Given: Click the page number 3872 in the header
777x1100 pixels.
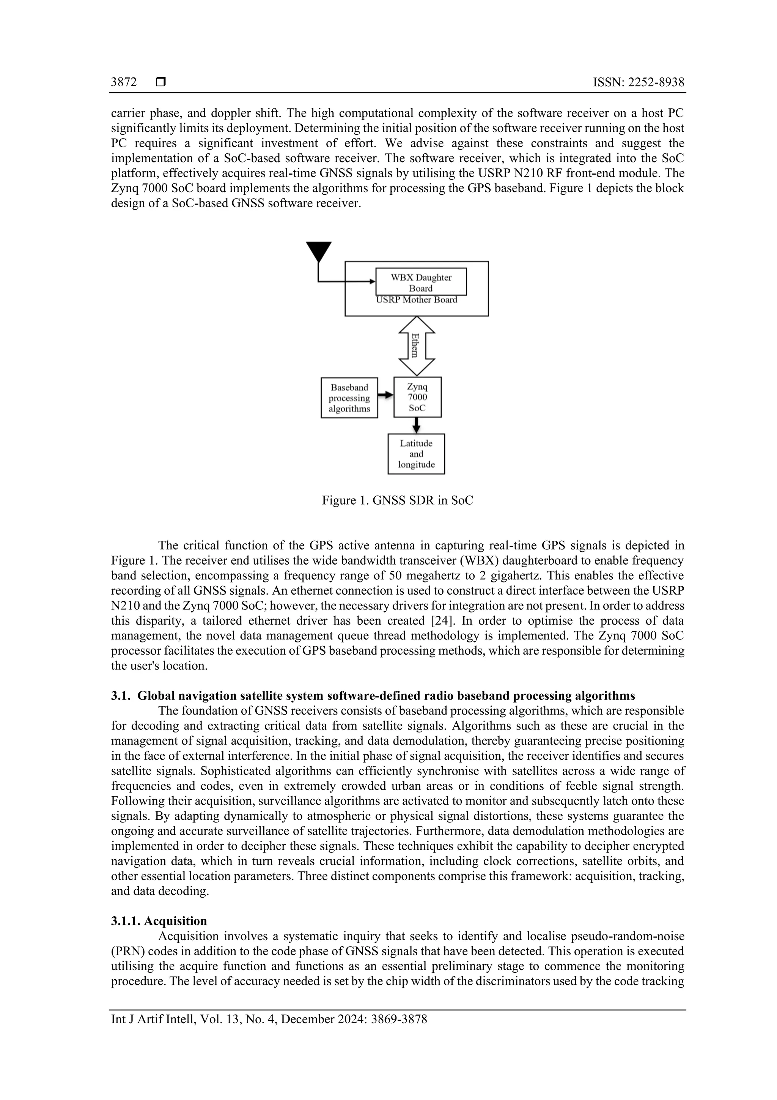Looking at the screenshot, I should [124, 82].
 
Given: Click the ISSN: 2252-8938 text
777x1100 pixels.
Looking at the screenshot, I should [638, 82].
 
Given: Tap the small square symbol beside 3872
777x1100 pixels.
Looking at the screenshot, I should [161, 82].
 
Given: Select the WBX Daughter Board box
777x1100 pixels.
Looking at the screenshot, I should [421, 282].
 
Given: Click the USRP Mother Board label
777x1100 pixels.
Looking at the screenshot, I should [416, 300].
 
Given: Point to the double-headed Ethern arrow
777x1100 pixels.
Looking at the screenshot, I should [417, 346].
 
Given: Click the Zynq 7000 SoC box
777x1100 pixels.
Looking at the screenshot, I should [417, 397].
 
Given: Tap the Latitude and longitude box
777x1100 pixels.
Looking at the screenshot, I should [416, 454].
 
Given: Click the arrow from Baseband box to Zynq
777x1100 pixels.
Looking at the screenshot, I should [385, 395].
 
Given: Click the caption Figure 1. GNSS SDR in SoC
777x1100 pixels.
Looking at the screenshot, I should [397, 501].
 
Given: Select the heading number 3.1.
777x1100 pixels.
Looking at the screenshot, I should [120, 696].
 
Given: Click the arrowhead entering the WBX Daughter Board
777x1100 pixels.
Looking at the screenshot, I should [373, 282].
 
